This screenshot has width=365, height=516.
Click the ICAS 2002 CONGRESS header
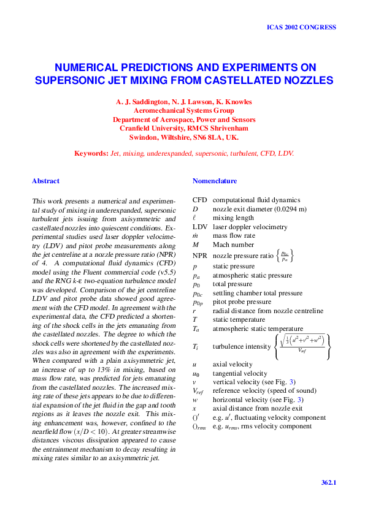pyautogui.click(x=301, y=28)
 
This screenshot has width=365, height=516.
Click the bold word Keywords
pyautogui.click(x=90, y=153)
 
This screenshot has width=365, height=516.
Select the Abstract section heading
pyautogui.click(x=46, y=181)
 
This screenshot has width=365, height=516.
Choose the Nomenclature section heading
pyautogui.click(x=215, y=181)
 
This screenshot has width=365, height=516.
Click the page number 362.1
pyautogui.click(x=329, y=483)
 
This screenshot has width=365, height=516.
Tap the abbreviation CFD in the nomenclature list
pyautogui.click(x=199, y=200)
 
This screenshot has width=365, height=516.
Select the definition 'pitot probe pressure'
pyautogui.click(x=242, y=302)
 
